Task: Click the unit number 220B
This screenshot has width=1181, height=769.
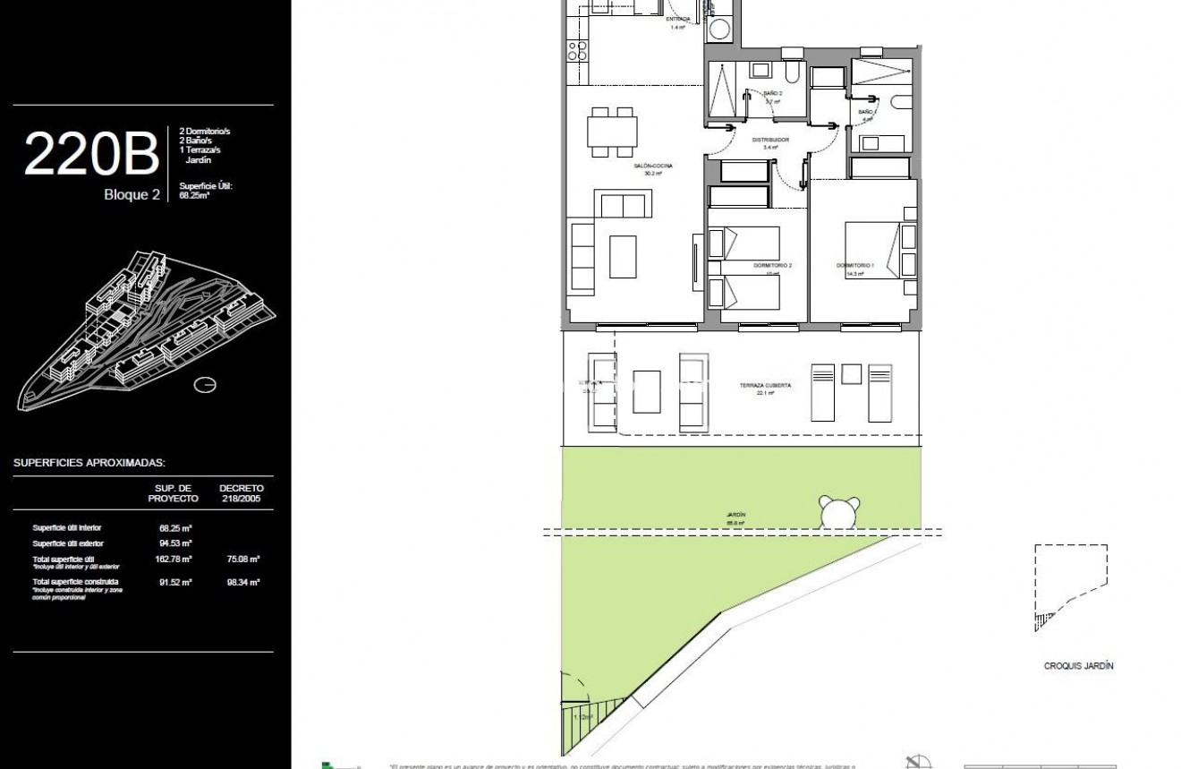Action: (90, 154)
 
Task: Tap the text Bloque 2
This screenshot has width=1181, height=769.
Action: (132, 194)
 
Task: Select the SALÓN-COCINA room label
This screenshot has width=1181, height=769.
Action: (653, 167)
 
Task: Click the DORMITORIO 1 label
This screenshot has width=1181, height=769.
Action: (854, 266)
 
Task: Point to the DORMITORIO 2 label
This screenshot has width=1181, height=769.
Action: (773, 266)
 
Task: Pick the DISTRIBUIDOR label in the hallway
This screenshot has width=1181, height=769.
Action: (769, 141)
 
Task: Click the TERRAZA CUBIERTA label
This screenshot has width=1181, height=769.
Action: (765, 386)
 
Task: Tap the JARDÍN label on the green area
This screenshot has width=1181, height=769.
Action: (735, 516)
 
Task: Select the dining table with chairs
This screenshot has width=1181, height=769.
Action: (613, 132)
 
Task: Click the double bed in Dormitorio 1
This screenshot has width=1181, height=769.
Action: (871, 251)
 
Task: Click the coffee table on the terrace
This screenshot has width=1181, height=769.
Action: (646, 392)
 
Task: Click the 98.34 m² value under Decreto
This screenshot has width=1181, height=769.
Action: (242, 582)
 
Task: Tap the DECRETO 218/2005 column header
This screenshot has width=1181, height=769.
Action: (242, 493)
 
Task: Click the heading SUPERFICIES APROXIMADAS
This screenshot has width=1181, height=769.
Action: (89, 463)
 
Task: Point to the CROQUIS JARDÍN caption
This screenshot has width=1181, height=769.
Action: (1078, 666)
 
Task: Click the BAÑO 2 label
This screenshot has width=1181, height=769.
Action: (773, 94)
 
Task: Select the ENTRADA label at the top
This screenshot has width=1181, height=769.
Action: (680, 19)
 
